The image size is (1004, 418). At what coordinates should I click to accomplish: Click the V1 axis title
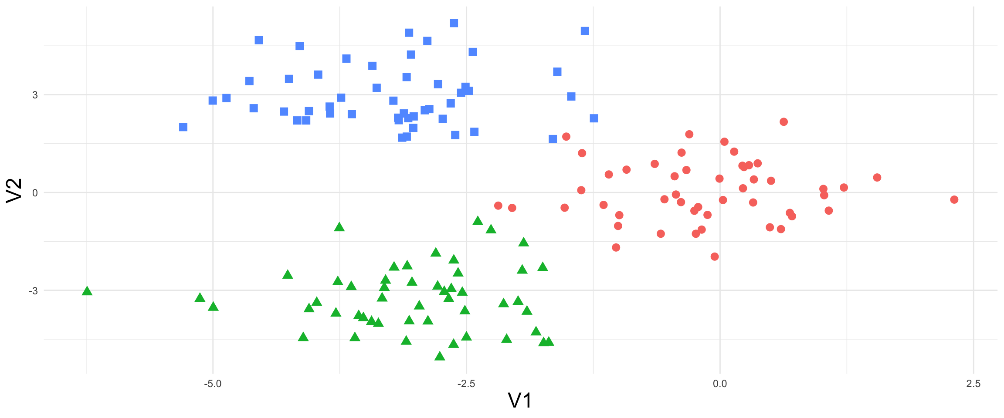pos(520,401)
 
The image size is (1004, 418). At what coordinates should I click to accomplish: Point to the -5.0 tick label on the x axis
pos(213,384)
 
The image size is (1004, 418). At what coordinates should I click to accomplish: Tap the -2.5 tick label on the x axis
pos(466,384)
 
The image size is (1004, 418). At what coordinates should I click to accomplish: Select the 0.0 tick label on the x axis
pos(719,384)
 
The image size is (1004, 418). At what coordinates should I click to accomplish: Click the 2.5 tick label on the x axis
pos(973,384)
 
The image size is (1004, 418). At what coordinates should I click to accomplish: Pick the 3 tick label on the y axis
pos(35,95)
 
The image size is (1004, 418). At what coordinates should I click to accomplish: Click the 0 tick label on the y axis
pos(35,192)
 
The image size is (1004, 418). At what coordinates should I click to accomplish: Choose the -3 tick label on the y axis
pos(33,290)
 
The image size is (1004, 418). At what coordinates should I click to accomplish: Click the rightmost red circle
pos(954,199)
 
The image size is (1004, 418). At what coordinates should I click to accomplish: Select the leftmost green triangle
pos(87,291)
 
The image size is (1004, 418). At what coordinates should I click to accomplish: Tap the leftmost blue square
pos(183,127)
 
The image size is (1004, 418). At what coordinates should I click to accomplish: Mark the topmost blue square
pos(454,23)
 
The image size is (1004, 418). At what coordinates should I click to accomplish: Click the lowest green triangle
pos(440,356)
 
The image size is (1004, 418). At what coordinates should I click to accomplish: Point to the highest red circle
pos(784,122)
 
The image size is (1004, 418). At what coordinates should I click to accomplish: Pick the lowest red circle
pos(715,256)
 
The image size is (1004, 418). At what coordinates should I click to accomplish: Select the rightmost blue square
pos(594,118)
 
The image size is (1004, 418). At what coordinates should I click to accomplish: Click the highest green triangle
pos(478,221)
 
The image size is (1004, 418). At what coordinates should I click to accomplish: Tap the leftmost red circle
pos(499,206)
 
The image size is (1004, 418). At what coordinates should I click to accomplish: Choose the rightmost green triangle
pos(549,341)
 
